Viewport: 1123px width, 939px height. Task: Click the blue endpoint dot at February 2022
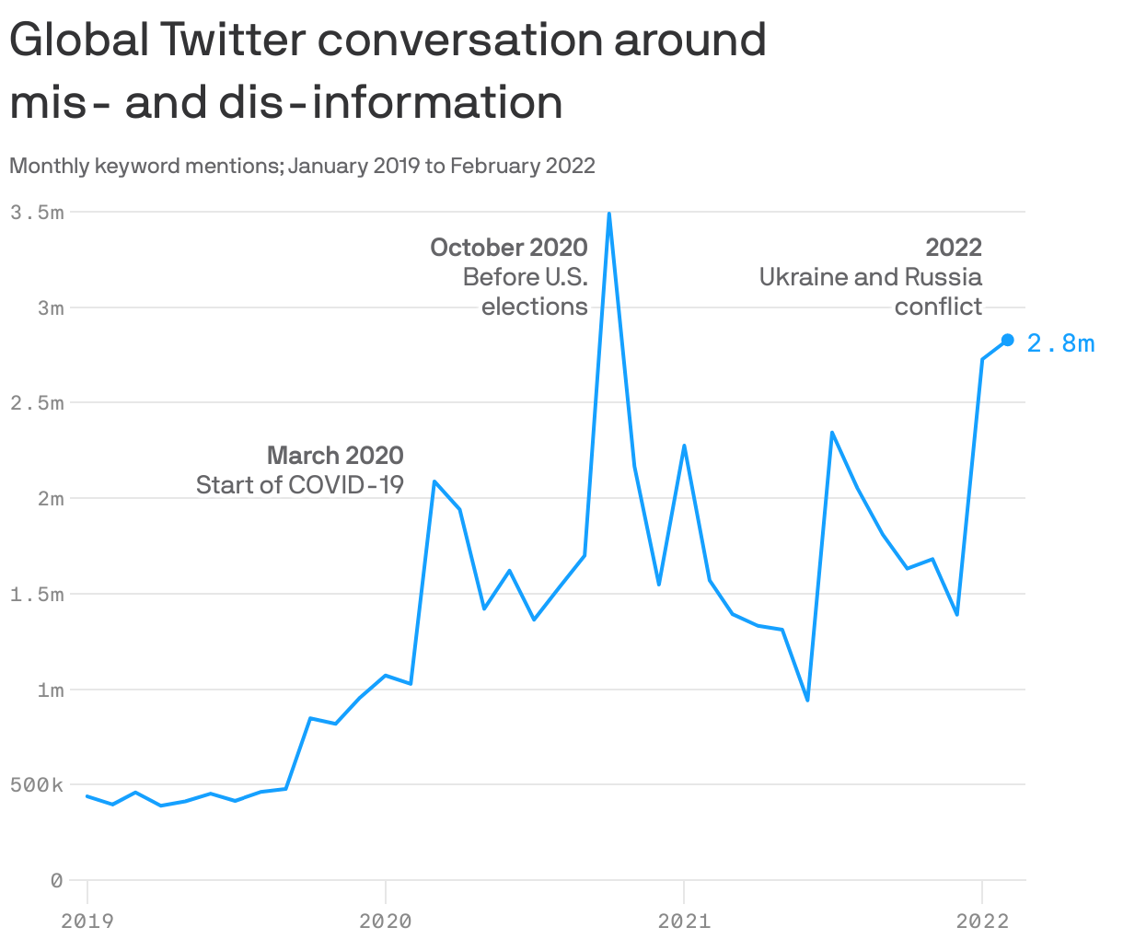pyautogui.click(x=1007, y=340)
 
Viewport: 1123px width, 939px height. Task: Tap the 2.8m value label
pyautogui.click(x=1060, y=343)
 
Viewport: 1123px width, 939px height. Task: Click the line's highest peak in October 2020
pyautogui.click(x=609, y=214)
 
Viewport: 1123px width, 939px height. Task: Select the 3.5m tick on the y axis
pyautogui.click(x=37, y=212)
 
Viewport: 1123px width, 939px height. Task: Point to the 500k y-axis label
pyautogui.click(x=37, y=785)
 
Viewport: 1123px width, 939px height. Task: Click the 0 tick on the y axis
pyautogui.click(x=57, y=881)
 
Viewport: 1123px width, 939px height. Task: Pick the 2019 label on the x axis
pyautogui.click(x=87, y=921)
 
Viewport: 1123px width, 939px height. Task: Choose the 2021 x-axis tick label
pyautogui.click(x=684, y=921)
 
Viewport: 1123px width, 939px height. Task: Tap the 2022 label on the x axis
pyautogui.click(x=982, y=921)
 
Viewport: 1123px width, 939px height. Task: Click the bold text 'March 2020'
pyautogui.click(x=335, y=456)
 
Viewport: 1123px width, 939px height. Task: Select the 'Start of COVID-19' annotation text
pyautogui.click(x=300, y=485)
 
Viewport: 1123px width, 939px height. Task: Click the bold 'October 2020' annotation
pyautogui.click(x=509, y=248)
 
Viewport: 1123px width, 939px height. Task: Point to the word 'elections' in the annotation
pyautogui.click(x=535, y=307)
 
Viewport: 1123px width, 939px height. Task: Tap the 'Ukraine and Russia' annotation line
pyautogui.click(x=870, y=277)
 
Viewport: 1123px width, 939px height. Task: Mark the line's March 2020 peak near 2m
pyautogui.click(x=434, y=481)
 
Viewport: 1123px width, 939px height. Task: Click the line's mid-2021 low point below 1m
pyautogui.click(x=807, y=701)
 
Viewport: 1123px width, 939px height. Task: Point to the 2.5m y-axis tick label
pyautogui.click(x=37, y=403)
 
